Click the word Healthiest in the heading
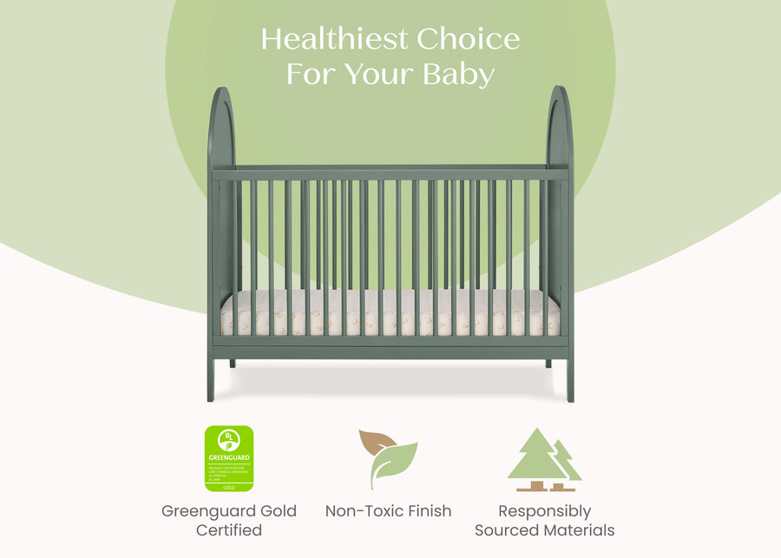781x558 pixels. [x=334, y=39]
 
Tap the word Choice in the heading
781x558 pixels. [x=469, y=39]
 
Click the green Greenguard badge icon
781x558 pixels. [x=229, y=458]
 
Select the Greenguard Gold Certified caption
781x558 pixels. [x=229, y=520]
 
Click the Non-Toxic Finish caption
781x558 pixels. [x=388, y=511]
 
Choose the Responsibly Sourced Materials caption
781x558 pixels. [x=544, y=520]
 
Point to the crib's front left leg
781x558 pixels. [x=212, y=377]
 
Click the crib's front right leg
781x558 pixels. [x=569, y=377]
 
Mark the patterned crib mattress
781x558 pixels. [x=390, y=314]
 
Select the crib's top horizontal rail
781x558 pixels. [x=390, y=174]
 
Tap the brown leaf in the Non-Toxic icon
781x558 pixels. [x=375, y=443]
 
